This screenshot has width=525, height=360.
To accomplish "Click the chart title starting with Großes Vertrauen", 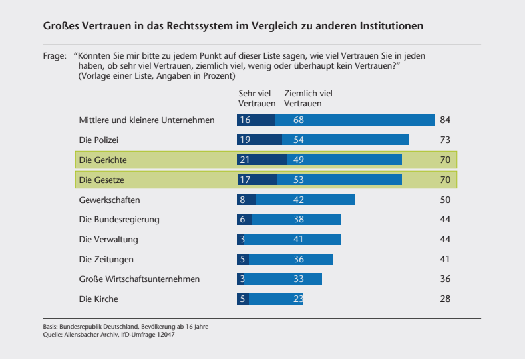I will (x=233, y=26).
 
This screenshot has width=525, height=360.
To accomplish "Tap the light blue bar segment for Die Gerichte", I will (x=344, y=160).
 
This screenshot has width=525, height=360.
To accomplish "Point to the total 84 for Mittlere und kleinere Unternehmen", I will (x=445, y=120).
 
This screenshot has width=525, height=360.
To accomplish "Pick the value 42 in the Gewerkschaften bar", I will (x=299, y=200).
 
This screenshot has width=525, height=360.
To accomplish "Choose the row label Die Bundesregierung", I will (x=119, y=220).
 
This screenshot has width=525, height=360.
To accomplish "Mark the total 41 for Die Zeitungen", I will (x=445, y=260).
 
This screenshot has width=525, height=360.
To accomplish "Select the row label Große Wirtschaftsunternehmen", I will (x=139, y=279).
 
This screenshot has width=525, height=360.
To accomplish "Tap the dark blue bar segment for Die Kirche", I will (x=242, y=299).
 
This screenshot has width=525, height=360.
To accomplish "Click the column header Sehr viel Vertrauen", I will (x=257, y=99).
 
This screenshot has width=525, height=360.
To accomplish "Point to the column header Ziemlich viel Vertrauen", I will (x=308, y=99).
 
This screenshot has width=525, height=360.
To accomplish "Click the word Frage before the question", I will (x=54, y=57).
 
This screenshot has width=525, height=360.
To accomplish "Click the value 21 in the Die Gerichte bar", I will (x=245, y=160).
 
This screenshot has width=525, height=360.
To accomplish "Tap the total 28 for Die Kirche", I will (x=445, y=299).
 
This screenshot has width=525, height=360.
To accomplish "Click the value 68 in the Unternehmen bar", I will (x=299, y=120).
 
